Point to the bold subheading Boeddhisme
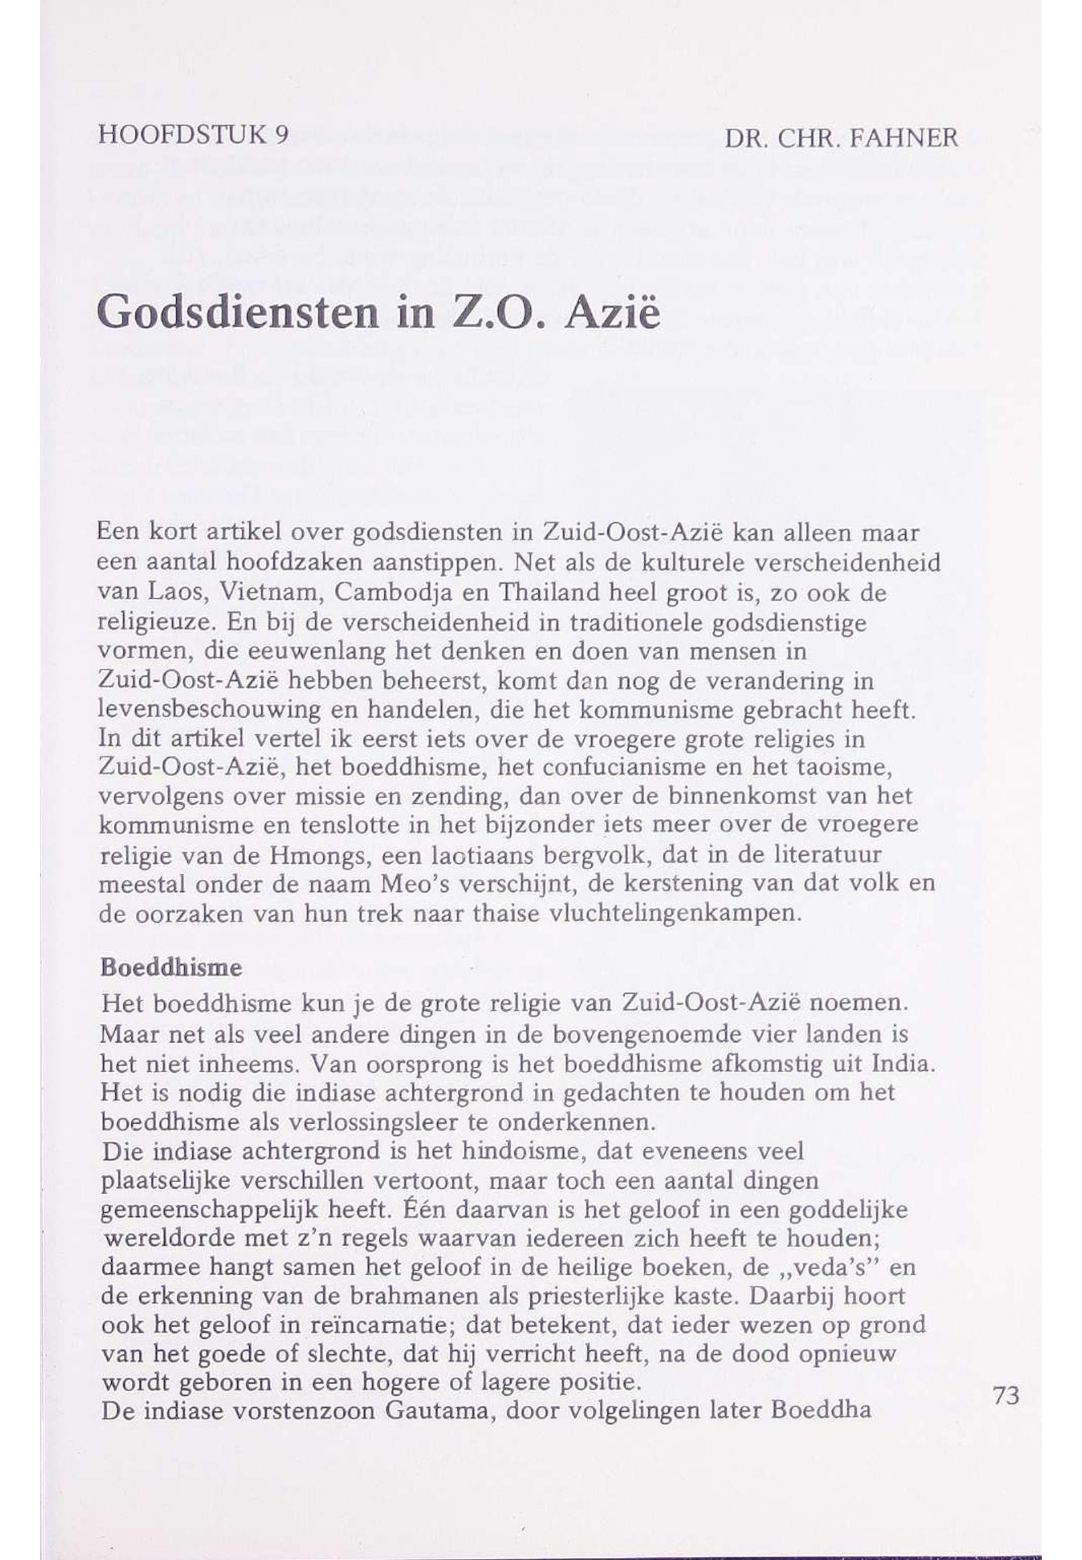coord(171,968)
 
